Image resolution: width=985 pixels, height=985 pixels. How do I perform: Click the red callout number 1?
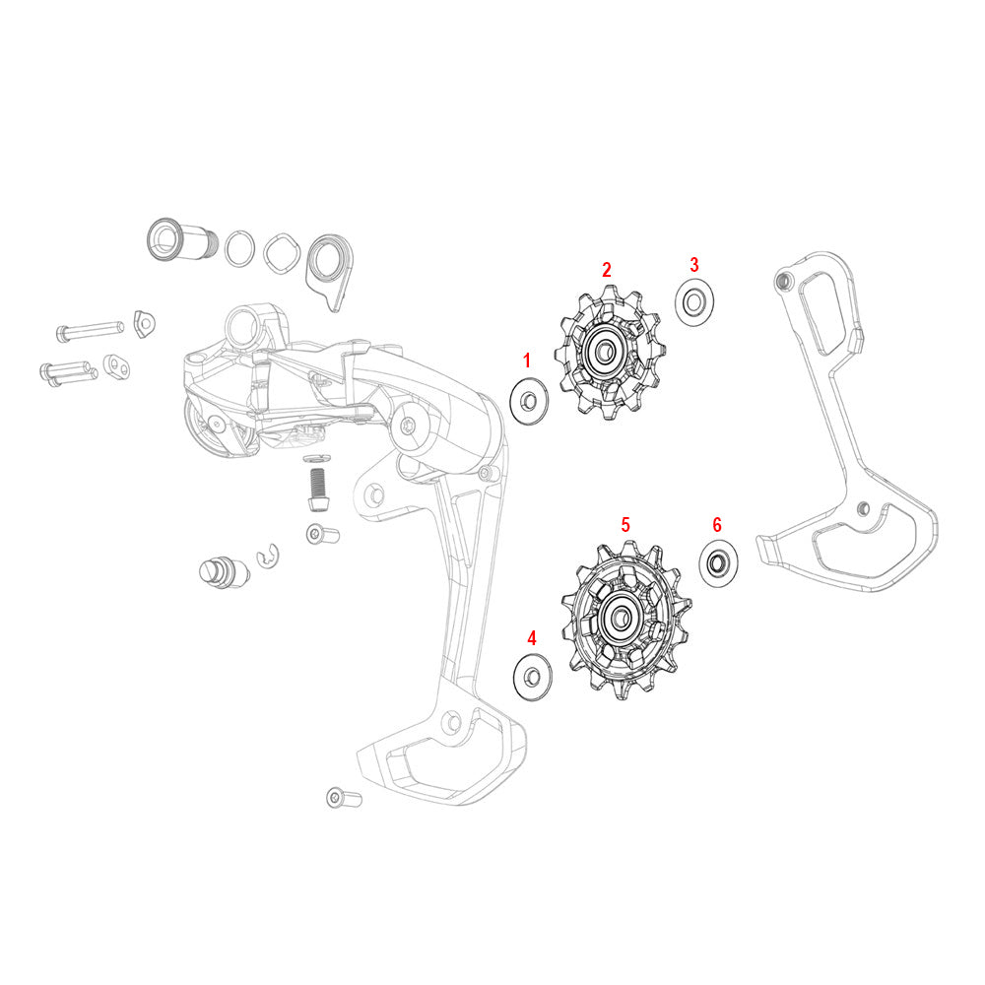click(526, 361)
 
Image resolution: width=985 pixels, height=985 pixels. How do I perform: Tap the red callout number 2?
click(607, 269)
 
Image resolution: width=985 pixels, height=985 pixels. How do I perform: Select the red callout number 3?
click(693, 264)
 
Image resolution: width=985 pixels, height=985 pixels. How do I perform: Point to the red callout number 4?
click(532, 637)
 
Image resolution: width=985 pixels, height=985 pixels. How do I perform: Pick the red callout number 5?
click(624, 524)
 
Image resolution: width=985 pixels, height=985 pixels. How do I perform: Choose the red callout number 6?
click(716, 523)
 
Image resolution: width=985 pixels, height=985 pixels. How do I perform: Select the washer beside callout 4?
click(532, 677)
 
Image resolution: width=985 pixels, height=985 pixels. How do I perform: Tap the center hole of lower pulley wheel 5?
click(622, 617)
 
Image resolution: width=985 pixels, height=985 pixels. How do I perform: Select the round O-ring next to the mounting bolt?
click(236, 248)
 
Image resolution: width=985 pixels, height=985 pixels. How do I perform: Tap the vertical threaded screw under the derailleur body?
click(316, 488)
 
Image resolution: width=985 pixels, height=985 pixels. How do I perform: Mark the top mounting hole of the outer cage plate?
click(783, 283)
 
